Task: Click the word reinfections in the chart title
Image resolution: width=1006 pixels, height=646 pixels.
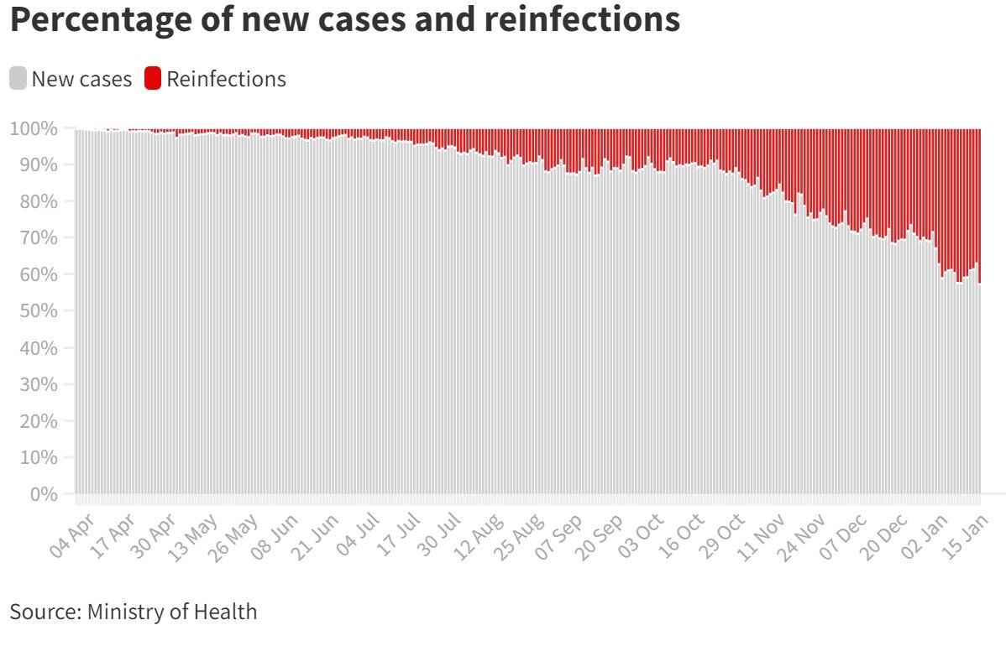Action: tap(582, 19)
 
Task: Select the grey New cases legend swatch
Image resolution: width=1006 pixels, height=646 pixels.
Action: tap(18, 78)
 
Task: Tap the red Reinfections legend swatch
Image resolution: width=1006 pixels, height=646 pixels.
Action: tap(153, 78)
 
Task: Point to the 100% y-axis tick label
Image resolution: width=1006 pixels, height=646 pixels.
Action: tap(34, 129)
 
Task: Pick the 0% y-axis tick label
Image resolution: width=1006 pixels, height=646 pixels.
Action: tap(44, 494)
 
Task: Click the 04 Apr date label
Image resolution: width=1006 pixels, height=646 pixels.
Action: tap(71, 536)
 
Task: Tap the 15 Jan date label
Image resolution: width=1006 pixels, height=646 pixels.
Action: tap(966, 536)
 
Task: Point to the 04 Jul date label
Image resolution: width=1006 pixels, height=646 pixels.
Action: tap(358, 535)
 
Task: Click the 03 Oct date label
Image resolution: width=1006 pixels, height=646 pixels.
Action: tap(641, 536)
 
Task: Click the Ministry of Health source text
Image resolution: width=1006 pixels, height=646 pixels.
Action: tap(172, 612)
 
